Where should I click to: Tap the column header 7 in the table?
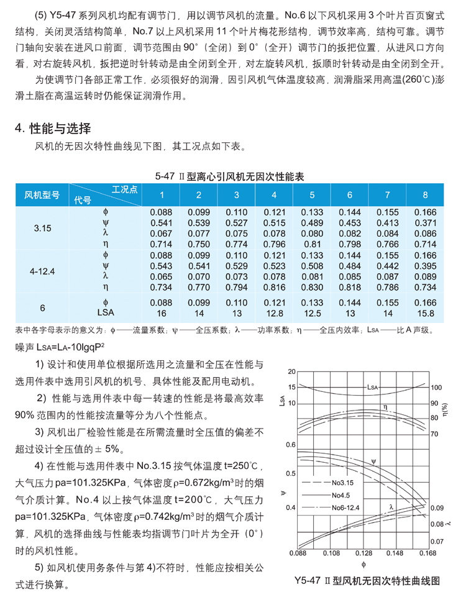point(387,195)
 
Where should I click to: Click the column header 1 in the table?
point(161,195)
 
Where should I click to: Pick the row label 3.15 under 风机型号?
point(42,228)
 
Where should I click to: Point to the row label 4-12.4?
point(42,271)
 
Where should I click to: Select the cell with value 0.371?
point(425,222)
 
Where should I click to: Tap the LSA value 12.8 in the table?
point(274,314)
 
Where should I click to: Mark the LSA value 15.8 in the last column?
point(425,314)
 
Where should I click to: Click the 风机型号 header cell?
point(42,195)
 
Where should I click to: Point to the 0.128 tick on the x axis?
point(364,552)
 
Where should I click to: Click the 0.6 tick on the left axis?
point(290,445)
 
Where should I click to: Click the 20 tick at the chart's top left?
point(291,371)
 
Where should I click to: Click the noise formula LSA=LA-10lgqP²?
point(60,345)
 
